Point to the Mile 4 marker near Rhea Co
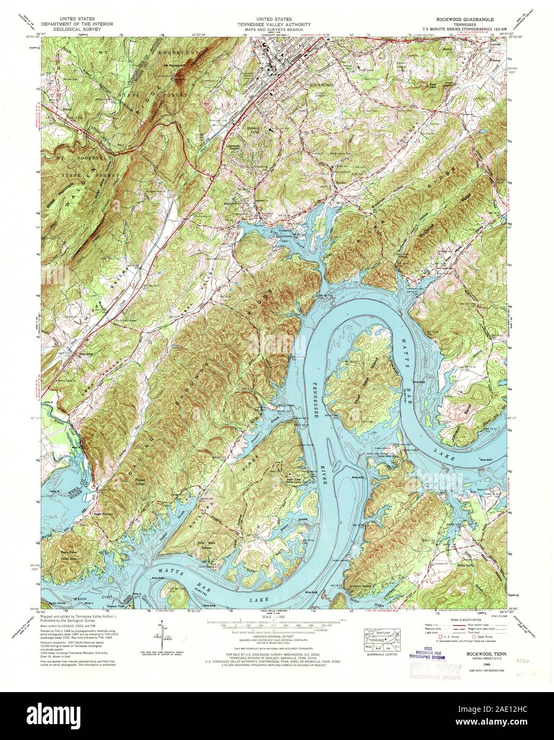point(53,490)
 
